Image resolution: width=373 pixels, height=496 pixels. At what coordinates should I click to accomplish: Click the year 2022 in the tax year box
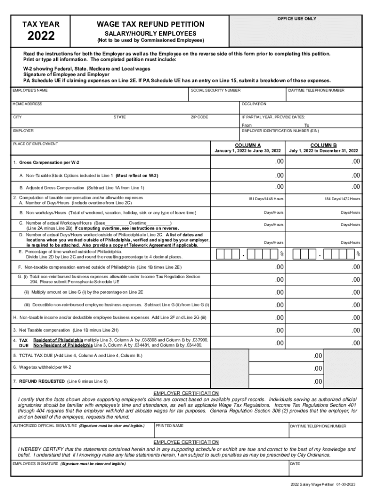click(41, 36)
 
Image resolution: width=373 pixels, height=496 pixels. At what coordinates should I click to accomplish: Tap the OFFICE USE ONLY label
click(296, 18)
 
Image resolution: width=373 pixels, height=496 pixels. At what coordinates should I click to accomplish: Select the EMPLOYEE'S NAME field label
click(30, 91)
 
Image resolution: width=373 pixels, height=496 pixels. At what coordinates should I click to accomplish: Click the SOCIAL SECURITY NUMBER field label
click(216, 91)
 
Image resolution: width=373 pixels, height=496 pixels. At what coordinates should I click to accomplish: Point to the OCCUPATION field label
click(254, 104)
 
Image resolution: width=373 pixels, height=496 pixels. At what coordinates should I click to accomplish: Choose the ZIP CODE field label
click(200, 117)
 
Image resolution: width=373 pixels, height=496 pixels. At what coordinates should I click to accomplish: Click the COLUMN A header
click(248, 145)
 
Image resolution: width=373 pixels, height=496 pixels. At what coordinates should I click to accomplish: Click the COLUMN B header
click(323, 145)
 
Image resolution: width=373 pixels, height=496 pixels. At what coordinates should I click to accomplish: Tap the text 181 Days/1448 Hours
click(266, 199)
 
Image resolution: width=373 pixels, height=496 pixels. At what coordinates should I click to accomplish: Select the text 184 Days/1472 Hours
click(342, 199)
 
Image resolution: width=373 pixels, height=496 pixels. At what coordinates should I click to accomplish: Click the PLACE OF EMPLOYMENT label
click(35, 144)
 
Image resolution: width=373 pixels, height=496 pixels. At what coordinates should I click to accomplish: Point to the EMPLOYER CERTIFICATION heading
click(186, 393)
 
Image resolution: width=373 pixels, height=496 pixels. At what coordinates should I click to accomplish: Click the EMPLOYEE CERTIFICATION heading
click(186, 442)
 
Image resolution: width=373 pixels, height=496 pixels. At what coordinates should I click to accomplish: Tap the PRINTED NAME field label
click(170, 426)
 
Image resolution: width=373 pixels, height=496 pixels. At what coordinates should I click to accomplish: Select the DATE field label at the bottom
click(295, 464)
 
